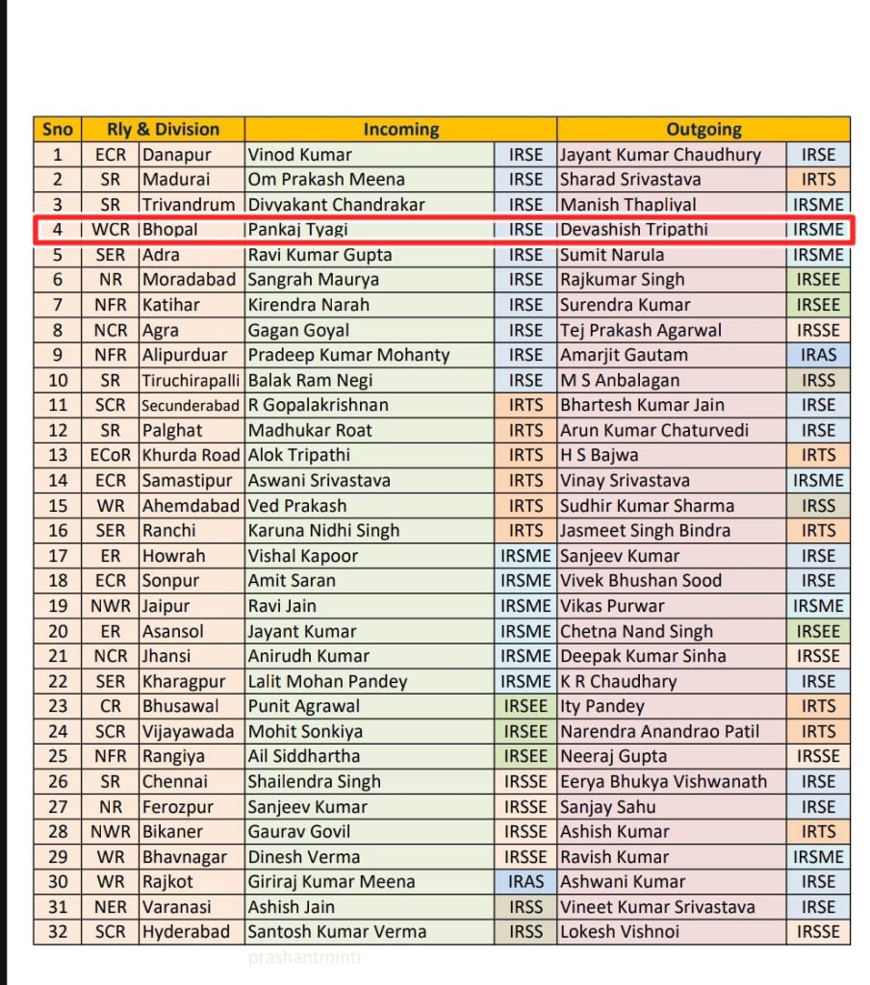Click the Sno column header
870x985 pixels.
[x=58, y=130]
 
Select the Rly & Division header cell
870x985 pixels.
[x=164, y=130]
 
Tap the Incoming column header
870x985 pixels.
[x=400, y=130]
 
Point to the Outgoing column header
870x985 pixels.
[x=704, y=130]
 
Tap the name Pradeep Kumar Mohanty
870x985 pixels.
[x=348, y=355]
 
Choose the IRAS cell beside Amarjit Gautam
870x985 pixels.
[x=818, y=355]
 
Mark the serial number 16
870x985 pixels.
[x=58, y=530]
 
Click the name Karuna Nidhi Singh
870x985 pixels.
[x=323, y=530]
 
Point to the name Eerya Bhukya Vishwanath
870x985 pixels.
[x=664, y=781]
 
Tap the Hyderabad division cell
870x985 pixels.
[x=187, y=931]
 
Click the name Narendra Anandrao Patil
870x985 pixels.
[x=660, y=731]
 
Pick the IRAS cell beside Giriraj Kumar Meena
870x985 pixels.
[x=526, y=881]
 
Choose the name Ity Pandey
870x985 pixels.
[x=601, y=706]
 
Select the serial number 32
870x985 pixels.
[x=58, y=931]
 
